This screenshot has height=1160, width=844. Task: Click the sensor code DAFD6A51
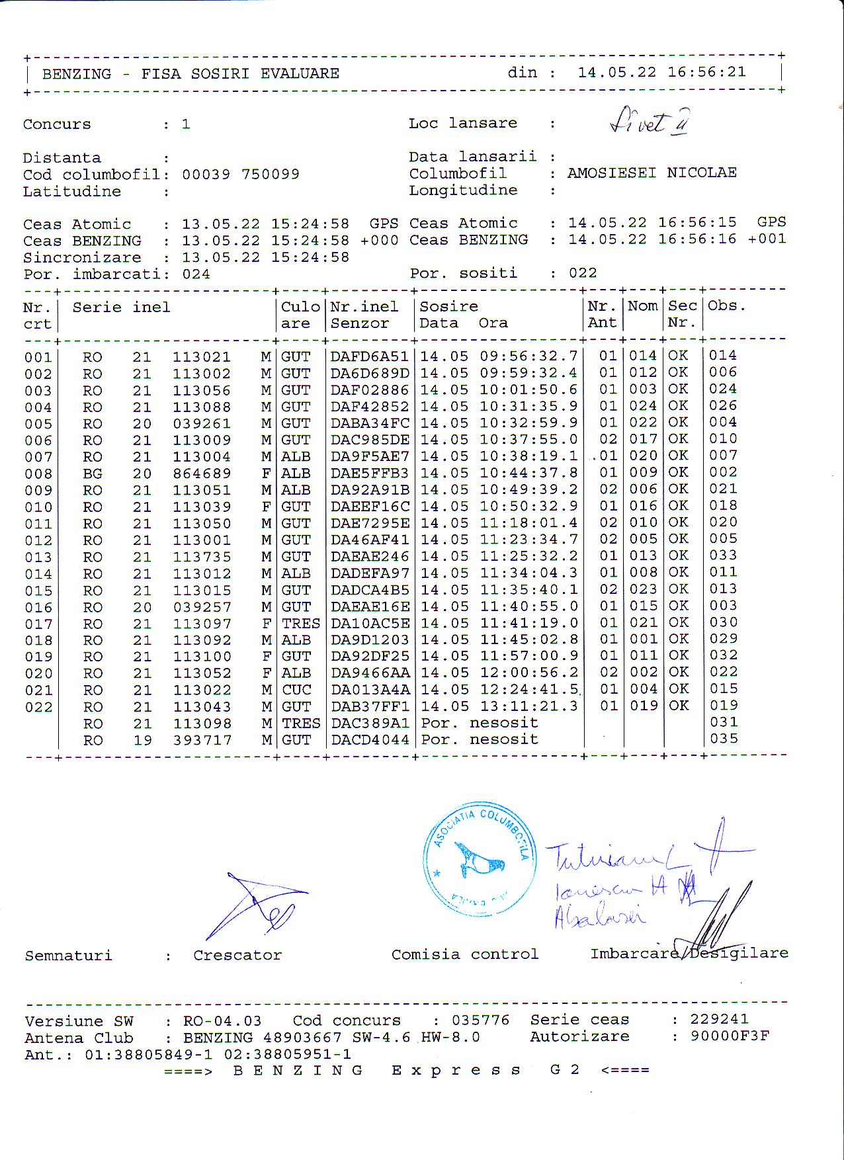[370, 356]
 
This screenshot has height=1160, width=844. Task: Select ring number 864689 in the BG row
[202, 474]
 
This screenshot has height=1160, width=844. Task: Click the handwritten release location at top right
[648, 122]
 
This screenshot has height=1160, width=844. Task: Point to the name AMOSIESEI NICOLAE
[652, 173]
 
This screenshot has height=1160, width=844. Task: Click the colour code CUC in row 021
[296, 689]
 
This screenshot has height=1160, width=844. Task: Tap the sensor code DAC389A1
[370, 723]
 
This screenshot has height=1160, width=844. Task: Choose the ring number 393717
[202, 740]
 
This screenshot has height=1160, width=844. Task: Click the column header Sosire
[448, 306]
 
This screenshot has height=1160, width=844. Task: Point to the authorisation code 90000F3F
[730, 1036]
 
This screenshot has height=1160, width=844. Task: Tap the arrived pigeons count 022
[583, 273]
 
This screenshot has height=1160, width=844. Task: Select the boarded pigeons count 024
[196, 274]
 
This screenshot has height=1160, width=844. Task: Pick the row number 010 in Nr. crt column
[38, 507]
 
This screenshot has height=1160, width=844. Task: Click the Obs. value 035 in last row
[723, 739]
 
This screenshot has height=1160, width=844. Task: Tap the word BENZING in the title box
[77, 73]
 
